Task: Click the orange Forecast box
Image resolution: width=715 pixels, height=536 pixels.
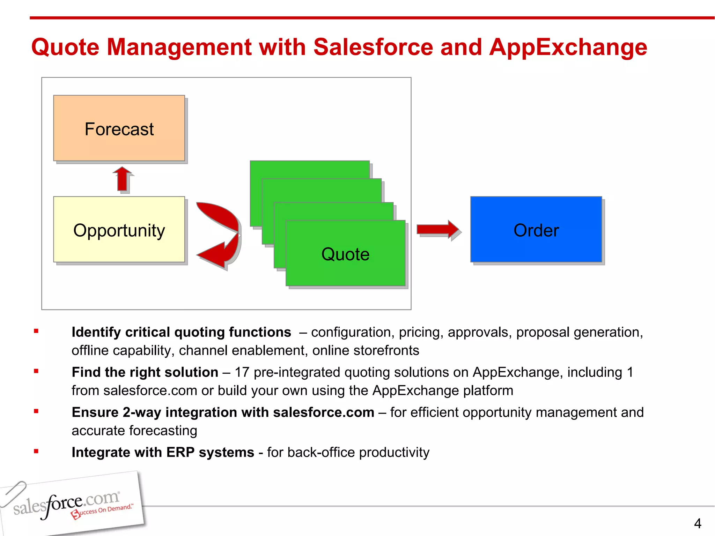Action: pyautogui.click(x=119, y=128)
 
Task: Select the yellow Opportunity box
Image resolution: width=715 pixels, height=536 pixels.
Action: pyautogui.click(x=119, y=230)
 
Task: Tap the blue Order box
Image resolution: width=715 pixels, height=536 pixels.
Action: pyautogui.click(x=536, y=230)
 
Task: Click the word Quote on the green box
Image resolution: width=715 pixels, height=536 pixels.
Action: pyautogui.click(x=345, y=254)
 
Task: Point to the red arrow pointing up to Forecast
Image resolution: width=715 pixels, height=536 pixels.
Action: pyautogui.click(x=122, y=179)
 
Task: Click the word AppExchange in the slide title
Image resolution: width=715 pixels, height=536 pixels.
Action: pyautogui.click(x=568, y=47)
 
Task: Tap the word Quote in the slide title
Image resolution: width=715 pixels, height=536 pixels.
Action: pyautogui.click(x=65, y=47)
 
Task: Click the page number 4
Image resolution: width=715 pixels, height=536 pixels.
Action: pyautogui.click(x=698, y=523)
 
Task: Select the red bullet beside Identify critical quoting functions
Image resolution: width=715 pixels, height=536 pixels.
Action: pyautogui.click(x=36, y=331)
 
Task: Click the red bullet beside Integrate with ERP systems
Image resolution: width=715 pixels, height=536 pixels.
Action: pyautogui.click(x=36, y=451)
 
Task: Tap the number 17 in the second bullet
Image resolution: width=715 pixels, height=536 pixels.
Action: pyautogui.click(x=242, y=372)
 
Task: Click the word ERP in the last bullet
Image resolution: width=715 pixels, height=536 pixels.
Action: pyautogui.click(x=180, y=452)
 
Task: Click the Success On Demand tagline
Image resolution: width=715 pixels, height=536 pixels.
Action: pyautogui.click(x=103, y=511)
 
